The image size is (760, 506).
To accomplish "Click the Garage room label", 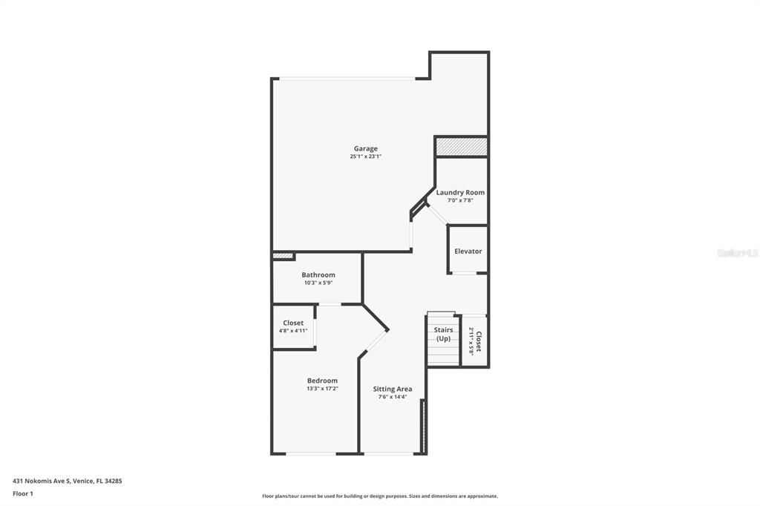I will [x=365, y=148].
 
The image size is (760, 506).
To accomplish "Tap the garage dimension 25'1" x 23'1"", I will [x=365, y=157].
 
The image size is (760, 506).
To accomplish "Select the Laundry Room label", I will [x=460, y=192].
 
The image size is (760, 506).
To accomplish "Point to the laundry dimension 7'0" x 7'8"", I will [x=460, y=200].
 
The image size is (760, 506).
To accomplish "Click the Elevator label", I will [x=468, y=251].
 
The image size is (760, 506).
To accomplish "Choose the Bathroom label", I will [x=318, y=275].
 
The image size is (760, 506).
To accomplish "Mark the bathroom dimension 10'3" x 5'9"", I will [x=318, y=283].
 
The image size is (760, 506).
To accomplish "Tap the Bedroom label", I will [x=322, y=381].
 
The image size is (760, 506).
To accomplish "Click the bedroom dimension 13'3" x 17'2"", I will [x=322, y=389].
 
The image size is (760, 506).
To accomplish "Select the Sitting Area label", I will [x=392, y=389].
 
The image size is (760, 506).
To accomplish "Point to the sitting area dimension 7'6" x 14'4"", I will [x=392, y=397].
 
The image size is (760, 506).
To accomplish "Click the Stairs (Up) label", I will [x=443, y=335].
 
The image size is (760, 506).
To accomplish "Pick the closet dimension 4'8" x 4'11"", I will [x=293, y=331].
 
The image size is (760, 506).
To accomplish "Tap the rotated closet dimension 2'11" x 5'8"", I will [x=471, y=341].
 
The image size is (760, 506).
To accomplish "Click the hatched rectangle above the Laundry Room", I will [x=461, y=147].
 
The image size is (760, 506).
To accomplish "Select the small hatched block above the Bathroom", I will [x=283, y=257].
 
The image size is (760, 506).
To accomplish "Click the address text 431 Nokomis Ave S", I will [x=68, y=481].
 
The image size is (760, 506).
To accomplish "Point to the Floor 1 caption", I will [x=23, y=493].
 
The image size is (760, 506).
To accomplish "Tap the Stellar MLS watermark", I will [x=737, y=253].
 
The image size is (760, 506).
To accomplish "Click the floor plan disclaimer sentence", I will [x=379, y=496].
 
